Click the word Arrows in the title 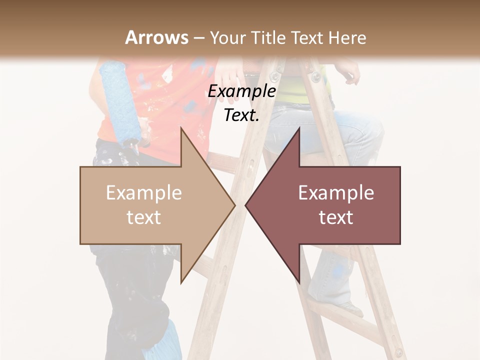[x=157, y=37]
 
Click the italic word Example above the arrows [x=241, y=91]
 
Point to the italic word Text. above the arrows [x=241, y=115]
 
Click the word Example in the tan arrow [x=144, y=193]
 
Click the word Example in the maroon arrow [x=336, y=193]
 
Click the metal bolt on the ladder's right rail [x=315, y=76]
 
